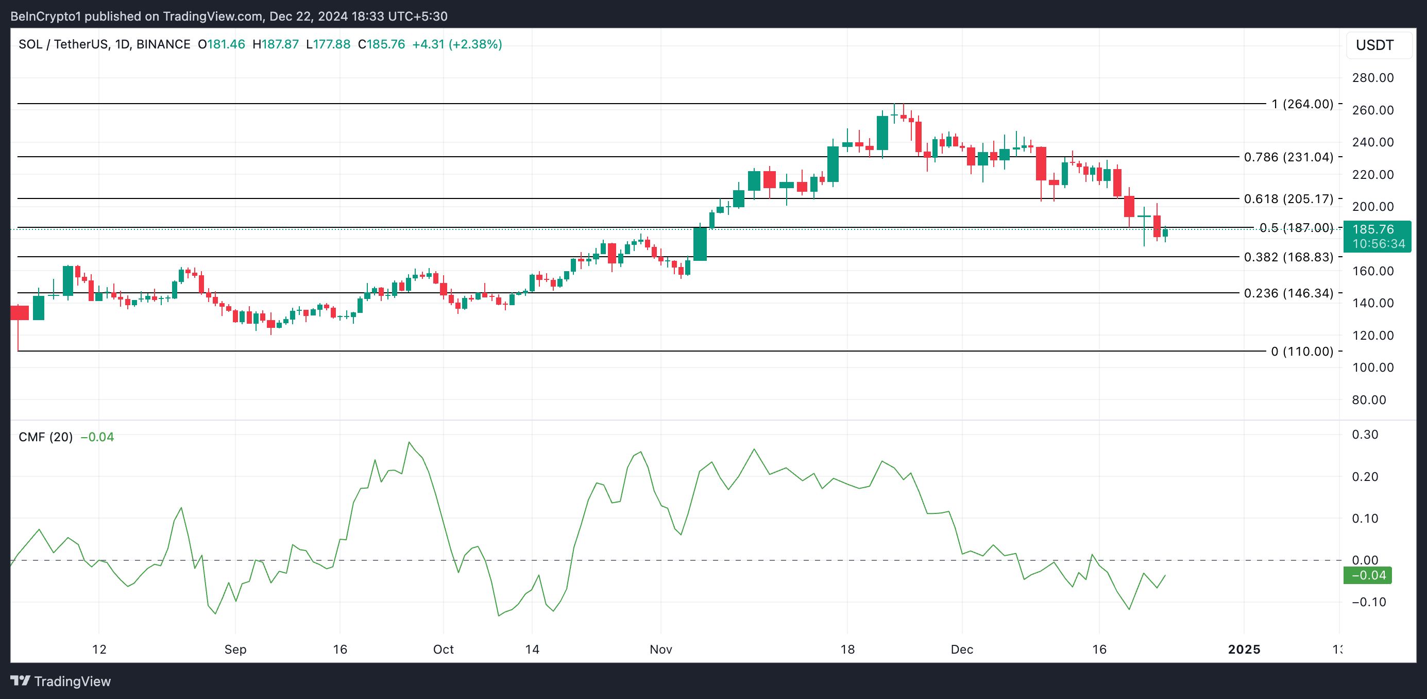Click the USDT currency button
click(1374, 45)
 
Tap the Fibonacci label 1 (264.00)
click(1302, 104)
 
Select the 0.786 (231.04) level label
click(1288, 157)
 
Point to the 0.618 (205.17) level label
click(1288, 198)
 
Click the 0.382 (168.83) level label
click(1288, 257)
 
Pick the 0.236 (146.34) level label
click(1288, 293)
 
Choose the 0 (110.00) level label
click(1302, 352)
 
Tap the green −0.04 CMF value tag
click(1368, 575)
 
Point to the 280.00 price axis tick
click(1373, 78)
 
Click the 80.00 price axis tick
click(1369, 400)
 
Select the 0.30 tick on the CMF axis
click(1365, 435)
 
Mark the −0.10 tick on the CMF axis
click(1365, 602)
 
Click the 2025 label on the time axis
click(1244, 650)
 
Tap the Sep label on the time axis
click(235, 650)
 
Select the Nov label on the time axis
click(661, 650)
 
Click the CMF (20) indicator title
click(45, 437)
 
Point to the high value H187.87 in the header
click(275, 44)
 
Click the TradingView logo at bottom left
click(61, 681)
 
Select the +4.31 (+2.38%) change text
click(457, 44)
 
